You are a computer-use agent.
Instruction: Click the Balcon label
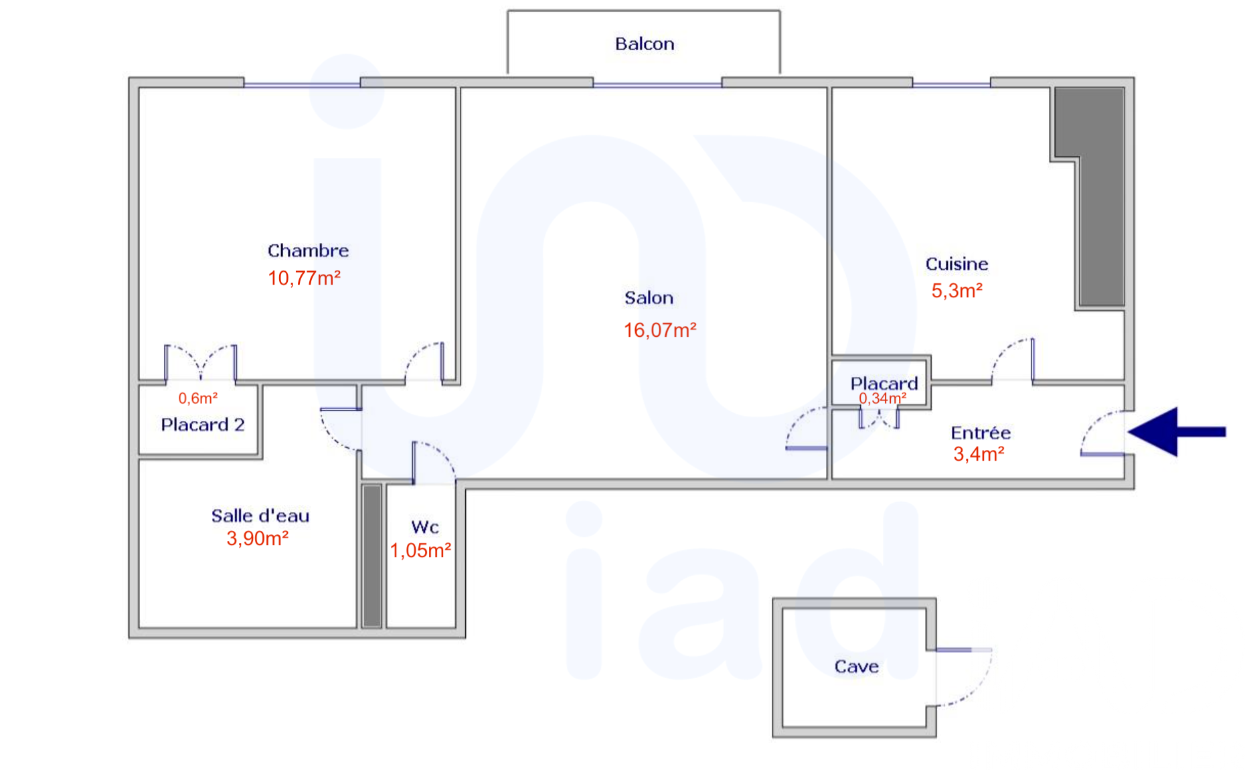[645, 44]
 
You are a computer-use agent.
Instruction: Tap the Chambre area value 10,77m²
[305, 278]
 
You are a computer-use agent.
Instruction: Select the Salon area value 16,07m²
[660, 330]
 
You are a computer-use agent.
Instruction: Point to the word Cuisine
[957, 264]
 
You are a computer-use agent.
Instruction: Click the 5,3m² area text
[957, 291]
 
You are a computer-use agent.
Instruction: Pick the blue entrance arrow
[1177, 432]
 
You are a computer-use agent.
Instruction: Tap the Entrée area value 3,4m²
[979, 454]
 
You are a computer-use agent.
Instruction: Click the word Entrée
[981, 433]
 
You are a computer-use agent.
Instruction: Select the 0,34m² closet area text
[883, 398]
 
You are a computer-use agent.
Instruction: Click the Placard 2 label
[203, 425]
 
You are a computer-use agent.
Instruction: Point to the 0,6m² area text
[198, 398]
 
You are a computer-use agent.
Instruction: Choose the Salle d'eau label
[260, 516]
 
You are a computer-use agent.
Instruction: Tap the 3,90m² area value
[258, 538]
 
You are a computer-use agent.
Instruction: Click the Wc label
[425, 527]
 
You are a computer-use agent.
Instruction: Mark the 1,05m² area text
[420, 550]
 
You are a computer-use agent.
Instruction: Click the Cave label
[856, 666]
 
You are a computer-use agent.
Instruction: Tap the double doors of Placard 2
[201, 364]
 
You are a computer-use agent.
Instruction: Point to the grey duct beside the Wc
[372, 556]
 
